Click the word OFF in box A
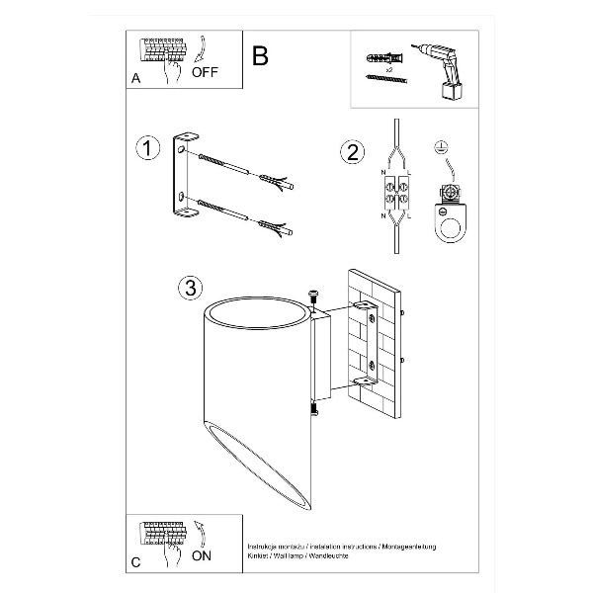[206, 72]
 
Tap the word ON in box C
[201, 555]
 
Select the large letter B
[260, 55]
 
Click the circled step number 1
[146, 148]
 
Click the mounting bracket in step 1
[182, 178]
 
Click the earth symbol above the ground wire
[441, 148]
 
